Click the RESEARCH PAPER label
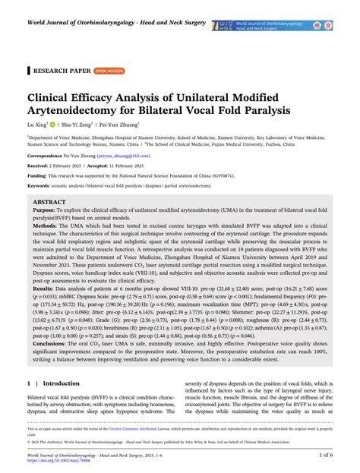click(58, 70)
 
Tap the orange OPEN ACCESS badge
click(109, 70)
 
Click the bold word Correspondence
click(48, 176)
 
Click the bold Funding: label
click(39, 197)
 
